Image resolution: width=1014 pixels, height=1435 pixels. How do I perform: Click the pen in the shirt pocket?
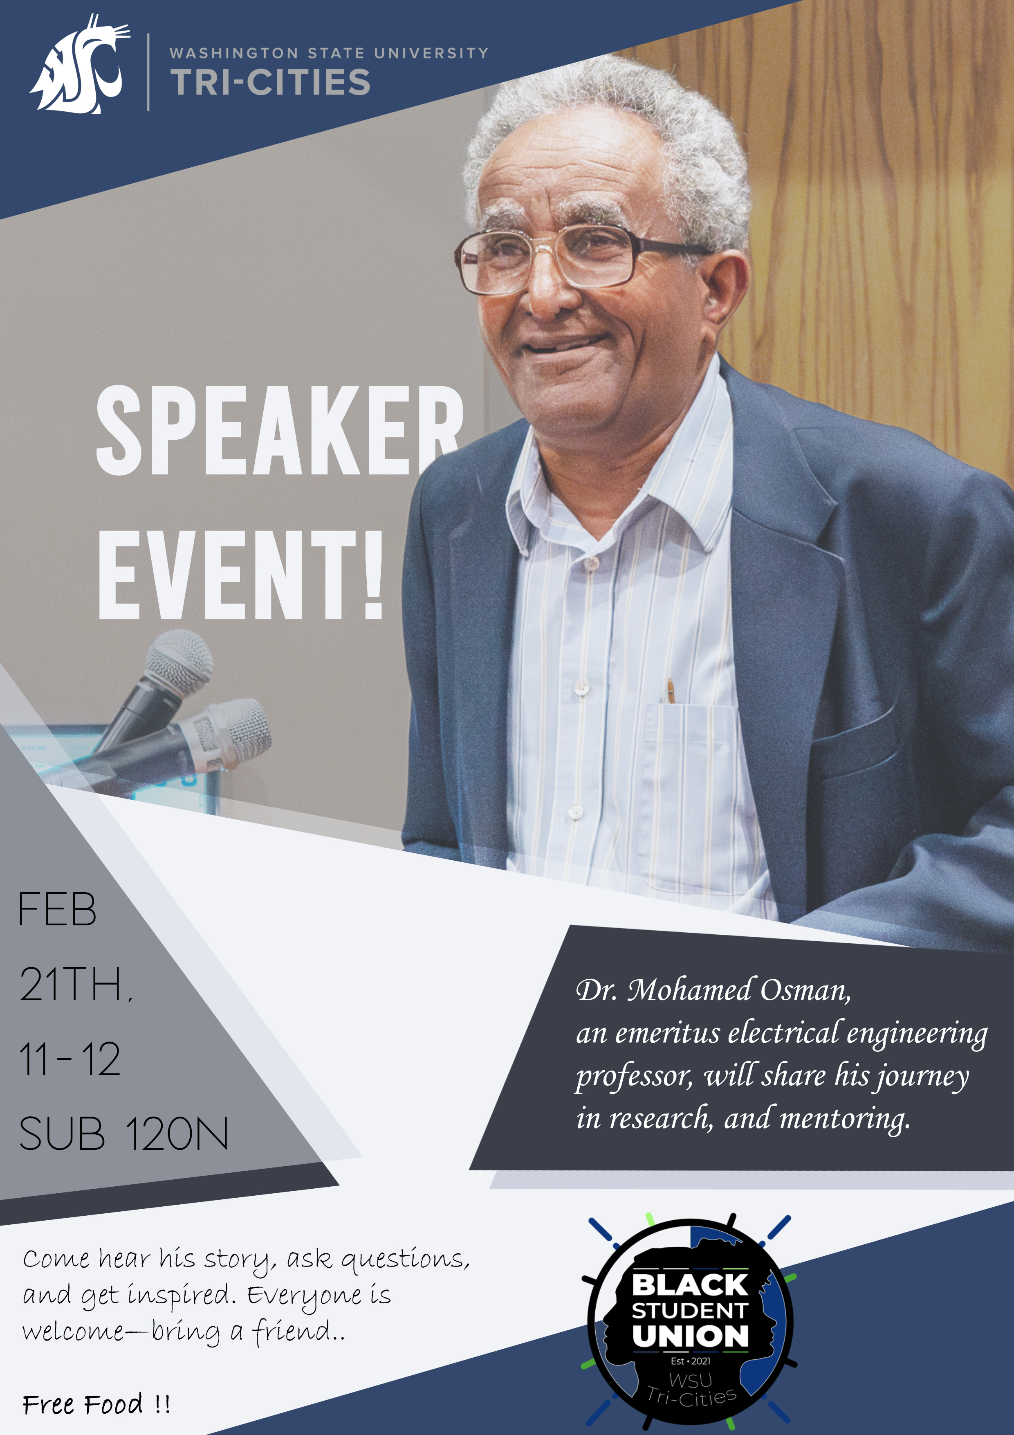tap(671, 691)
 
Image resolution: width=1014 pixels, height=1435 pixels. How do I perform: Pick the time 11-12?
tap(70, 1059)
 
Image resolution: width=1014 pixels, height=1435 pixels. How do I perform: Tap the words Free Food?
tap(83, 1405)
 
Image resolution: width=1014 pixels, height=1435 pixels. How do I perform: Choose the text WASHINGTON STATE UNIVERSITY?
tap(329, 53)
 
